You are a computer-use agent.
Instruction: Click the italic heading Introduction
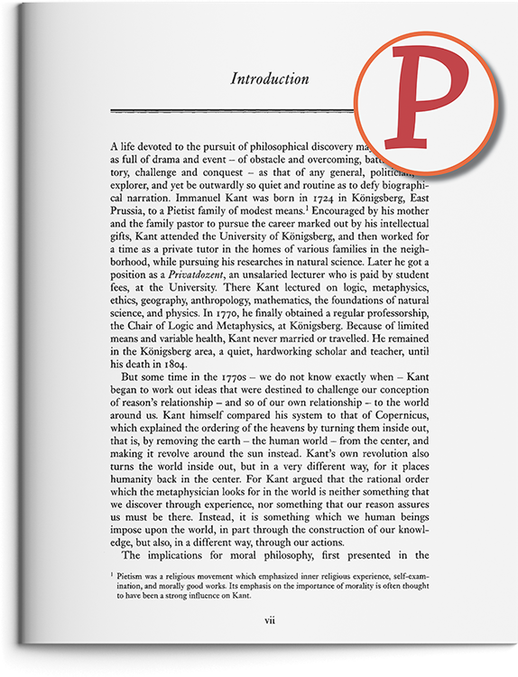[270, 79]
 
